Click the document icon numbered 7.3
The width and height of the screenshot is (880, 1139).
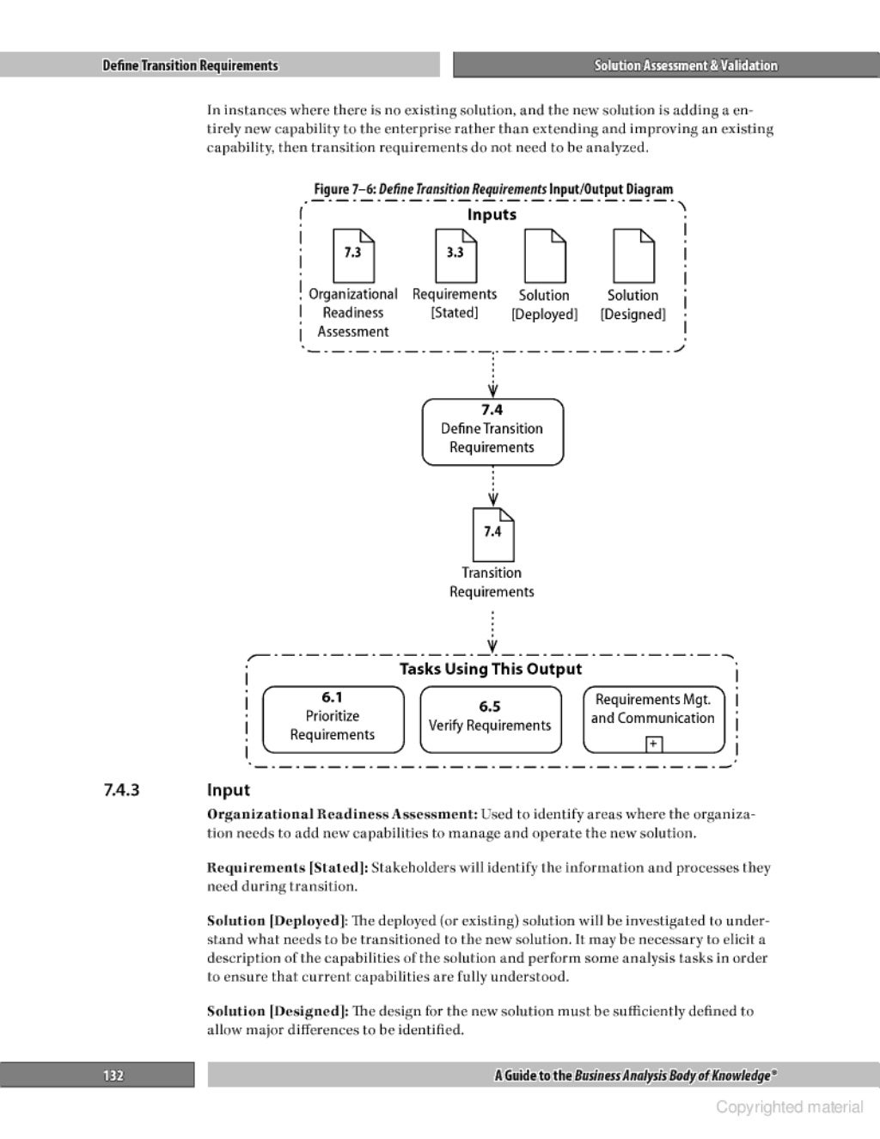click(x=353, y=254)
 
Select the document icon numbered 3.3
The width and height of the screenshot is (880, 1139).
click(x=455, y=254)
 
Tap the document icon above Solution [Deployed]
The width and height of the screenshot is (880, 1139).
click(x=545, y=255)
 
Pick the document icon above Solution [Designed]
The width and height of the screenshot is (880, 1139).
click(x=633, y=255)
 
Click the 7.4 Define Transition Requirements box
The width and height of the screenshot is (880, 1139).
click(x=492, y=432)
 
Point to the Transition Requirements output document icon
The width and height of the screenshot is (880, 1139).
click(x=492, y=534)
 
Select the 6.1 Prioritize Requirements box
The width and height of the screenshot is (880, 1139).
click(x=333, y=720)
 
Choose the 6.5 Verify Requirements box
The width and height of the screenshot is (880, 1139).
click(x=490, y=720)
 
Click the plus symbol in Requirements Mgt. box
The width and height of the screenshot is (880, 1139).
click(x=654, y=744)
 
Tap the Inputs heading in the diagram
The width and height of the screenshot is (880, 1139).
click(x=492, y=215)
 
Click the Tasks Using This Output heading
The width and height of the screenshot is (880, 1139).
click(x=491, y=669)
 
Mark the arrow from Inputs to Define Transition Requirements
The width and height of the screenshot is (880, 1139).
click(x=492, y=376)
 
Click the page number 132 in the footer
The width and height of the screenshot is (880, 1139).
click(x=113, y=1075)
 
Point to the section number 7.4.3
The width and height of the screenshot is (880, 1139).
click(x=121, y=789)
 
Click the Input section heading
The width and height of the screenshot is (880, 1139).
click(x=229, y=790)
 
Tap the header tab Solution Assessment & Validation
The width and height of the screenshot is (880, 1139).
click(x=686, y=65)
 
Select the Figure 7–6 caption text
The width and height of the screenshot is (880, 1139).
click(x=492, y=189)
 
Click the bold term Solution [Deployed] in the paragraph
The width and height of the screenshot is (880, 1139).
click(x=277, y=921)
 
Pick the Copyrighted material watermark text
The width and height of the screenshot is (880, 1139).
click(x=789, y=1107)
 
